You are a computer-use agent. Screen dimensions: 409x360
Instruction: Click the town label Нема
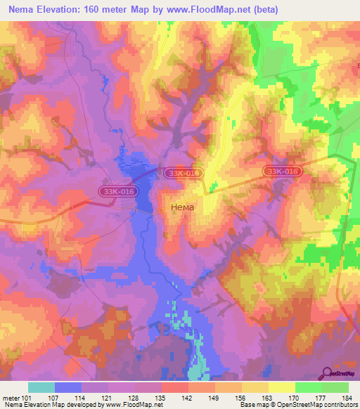[183, 208]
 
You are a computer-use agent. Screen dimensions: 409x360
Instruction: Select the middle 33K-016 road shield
[184, 172]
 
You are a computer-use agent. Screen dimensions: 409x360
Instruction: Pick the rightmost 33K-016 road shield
[283, 171]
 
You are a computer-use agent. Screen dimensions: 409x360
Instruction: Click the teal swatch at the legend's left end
[41, 387]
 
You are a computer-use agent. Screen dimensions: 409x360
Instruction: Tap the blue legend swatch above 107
[68, 387]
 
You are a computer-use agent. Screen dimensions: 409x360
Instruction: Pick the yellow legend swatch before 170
[281, 387]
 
